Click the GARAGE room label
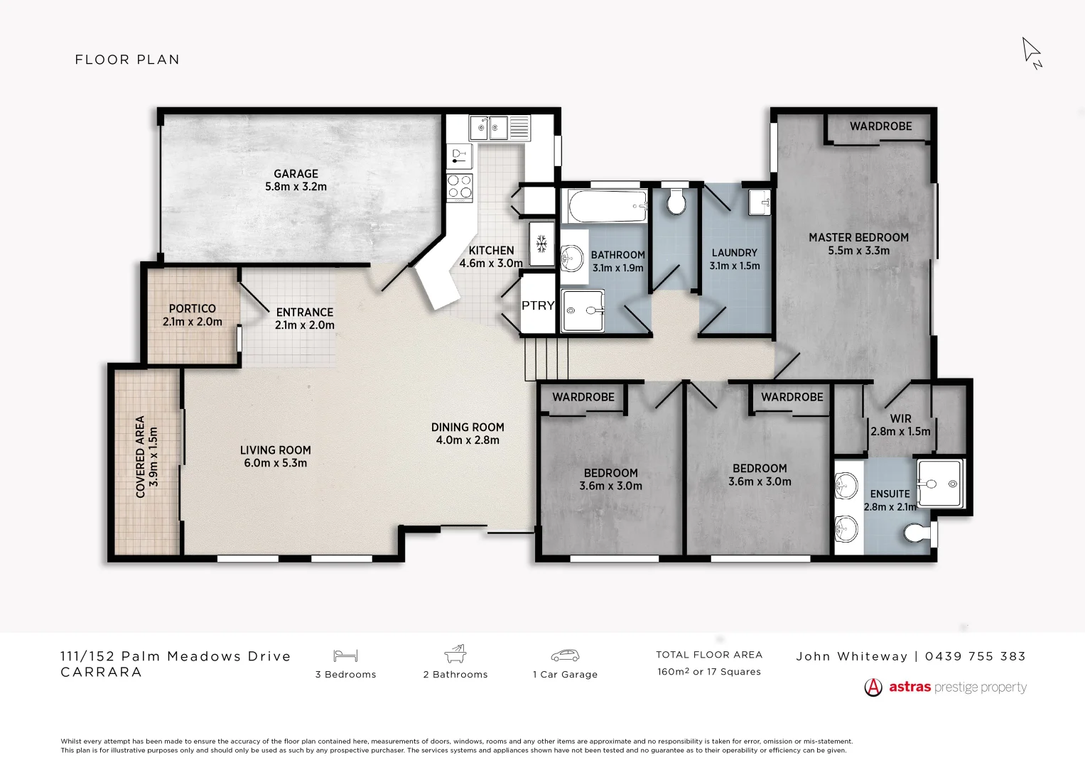click(296, 174)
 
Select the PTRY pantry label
click(538, 305)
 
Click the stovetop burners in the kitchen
click(460, 187)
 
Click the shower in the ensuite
click(940, 484)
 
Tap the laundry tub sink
click(760, 202)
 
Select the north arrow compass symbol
click(1032, 53)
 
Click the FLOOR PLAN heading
click(127, 60)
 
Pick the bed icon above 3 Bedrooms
click(345, 656)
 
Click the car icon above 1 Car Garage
click(565, 656)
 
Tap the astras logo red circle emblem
click(873, 687)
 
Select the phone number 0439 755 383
click(976, 656)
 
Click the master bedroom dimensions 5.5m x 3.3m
click(858, 251)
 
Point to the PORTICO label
click(192, 309)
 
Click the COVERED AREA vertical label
click(140, 457)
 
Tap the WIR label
click(900, 419)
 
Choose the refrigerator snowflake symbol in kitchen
click(541, 244)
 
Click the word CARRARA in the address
click(102, 672)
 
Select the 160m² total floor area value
click(673, 672)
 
